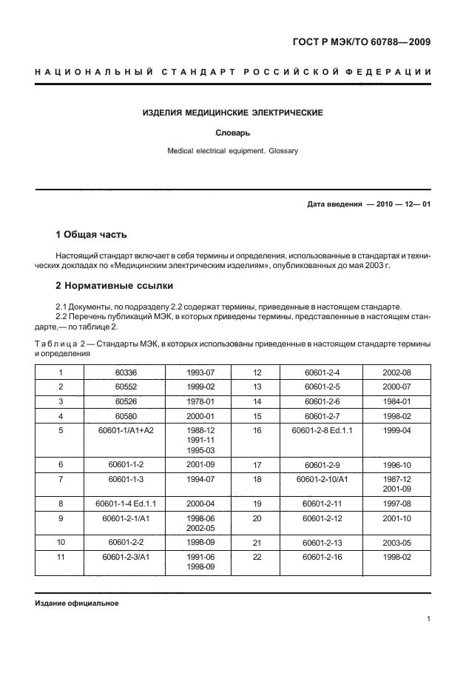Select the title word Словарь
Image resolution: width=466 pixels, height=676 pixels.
[233, 133]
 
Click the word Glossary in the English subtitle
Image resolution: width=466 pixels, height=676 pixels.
[280, 150]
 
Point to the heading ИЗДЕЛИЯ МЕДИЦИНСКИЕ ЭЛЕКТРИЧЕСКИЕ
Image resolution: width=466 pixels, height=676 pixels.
[233, 113]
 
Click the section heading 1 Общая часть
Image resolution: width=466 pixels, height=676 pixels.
[92, 235]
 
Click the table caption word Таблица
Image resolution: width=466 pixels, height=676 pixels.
[58, 344]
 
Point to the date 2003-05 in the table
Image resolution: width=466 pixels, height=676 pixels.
[396, 543]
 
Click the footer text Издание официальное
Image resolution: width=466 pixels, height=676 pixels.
[76, 603]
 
